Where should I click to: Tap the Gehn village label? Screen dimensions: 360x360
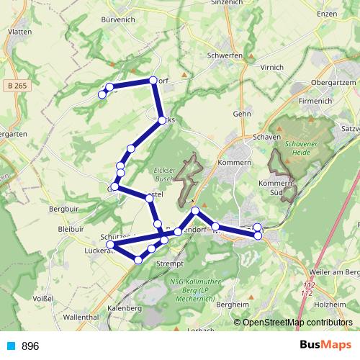[241, 114]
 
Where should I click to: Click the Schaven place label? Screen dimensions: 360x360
[266, 136]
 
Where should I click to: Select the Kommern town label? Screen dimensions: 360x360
[237, 163]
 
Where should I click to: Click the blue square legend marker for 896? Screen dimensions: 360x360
[11, 346]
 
